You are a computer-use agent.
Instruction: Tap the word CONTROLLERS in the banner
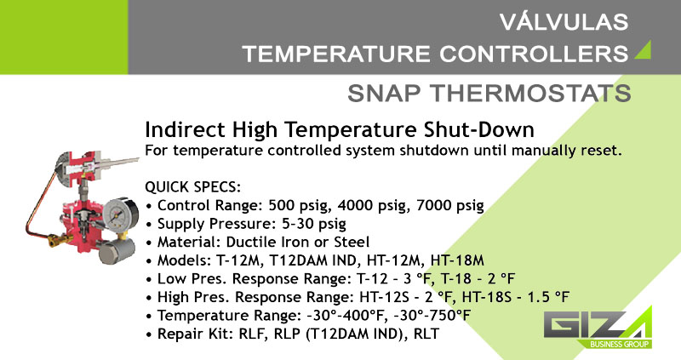pyautogui.click(x=534, y=54)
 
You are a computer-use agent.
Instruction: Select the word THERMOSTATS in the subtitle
pyautogui.click(x=530, y=94)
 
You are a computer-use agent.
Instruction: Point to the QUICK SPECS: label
pyautogui.click(x=193, y=186)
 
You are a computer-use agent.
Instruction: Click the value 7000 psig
pyautogui.click(x=450, y=205)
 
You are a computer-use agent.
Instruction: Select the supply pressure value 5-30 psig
pyautogui.click(x=313, y=224)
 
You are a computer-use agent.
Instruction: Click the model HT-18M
pyautogui.click(x=457, y=260)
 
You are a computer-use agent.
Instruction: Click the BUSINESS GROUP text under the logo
pyautogui.click(x=620, y=345)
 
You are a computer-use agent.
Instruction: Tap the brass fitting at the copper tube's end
pyautogui.click(x=57, y=239)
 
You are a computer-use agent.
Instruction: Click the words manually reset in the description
pyautogui.click(x=567, y=151)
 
